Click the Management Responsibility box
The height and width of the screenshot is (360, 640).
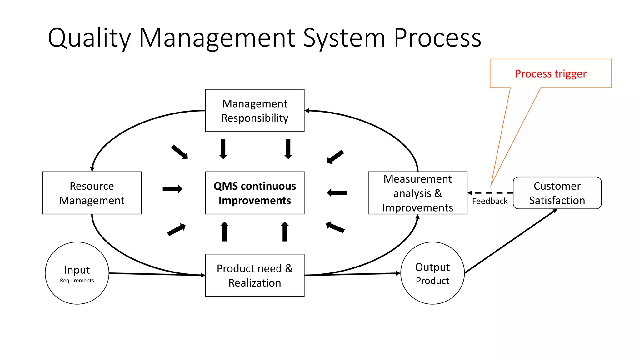point(254,110)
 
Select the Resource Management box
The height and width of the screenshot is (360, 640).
point(92,193)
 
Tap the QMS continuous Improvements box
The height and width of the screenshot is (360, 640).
point(254,193)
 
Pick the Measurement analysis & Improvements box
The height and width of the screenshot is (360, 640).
point(417,193)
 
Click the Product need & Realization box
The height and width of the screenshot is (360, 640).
point(254,275)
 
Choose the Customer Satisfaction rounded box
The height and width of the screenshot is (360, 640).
point(557,193)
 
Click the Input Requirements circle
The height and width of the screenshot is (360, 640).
point(77,273)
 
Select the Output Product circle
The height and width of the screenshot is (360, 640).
point(432,273)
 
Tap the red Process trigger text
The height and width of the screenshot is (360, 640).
point(550,74)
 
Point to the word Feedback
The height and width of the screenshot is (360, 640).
point(490,201)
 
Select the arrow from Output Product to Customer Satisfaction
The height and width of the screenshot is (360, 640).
point(511,242)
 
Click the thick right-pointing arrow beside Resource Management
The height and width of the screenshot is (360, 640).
point(172,189)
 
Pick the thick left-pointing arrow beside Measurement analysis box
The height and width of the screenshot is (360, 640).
point(337,193)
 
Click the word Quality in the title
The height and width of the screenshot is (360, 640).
point(89,38)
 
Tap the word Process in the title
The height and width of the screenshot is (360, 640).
point(437,38)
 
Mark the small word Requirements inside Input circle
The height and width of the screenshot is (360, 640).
point(77,281)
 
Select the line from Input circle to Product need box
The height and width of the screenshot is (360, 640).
point(156,274)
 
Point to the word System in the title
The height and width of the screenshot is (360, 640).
point(344,38)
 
